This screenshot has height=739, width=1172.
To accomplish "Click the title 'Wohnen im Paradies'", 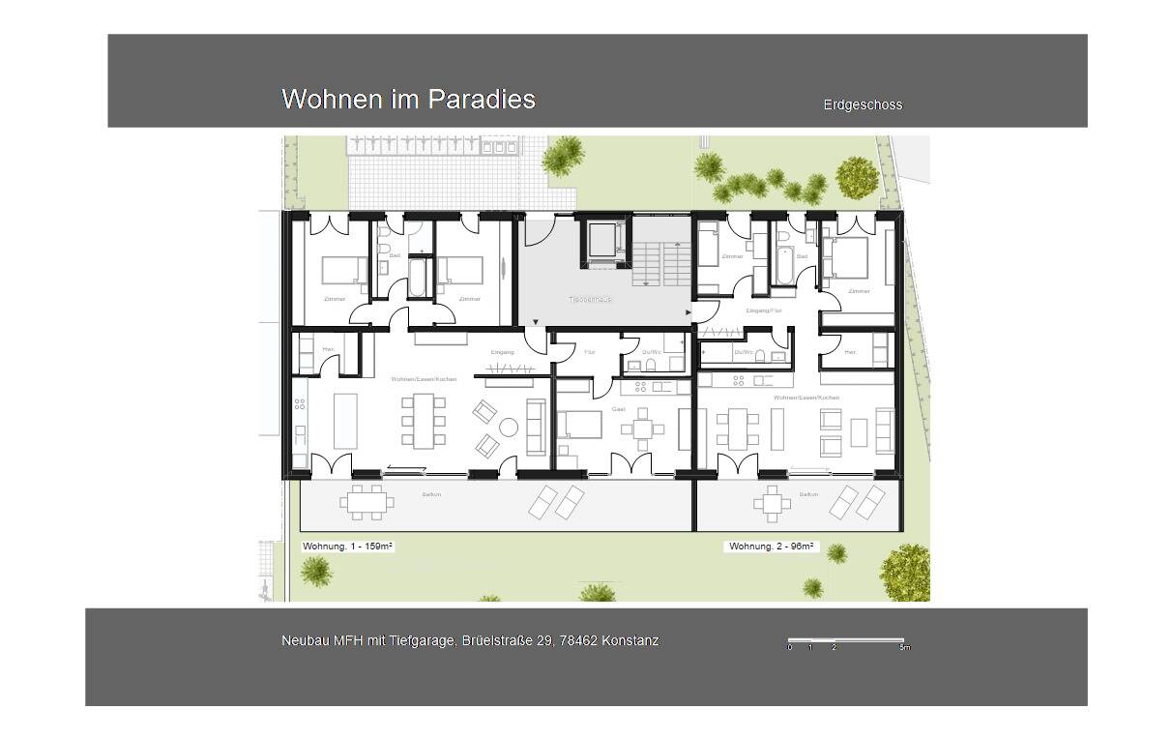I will pos(408,99).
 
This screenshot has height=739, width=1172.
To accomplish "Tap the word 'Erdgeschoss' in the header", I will pos(863,104).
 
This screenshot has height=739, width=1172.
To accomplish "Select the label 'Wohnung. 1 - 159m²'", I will pos(347,547).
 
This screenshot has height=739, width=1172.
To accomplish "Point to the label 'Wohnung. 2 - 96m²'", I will pos(771,547).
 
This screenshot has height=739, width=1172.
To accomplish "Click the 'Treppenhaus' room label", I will pos(590,300).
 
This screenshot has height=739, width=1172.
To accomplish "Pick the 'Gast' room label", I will pos(619,409).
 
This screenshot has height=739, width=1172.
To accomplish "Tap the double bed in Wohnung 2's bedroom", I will pos(847,258).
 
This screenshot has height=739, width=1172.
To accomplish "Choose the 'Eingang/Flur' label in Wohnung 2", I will pos(764,310).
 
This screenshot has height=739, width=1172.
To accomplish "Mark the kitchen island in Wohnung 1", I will pos(345,421).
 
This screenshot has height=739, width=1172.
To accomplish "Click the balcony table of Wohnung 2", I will pos(772,503).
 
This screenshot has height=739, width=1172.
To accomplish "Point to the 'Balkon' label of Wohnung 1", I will pos(431,495).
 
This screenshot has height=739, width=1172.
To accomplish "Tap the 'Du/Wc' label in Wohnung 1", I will pos(651,352).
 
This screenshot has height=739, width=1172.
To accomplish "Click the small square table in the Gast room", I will pos(643,430).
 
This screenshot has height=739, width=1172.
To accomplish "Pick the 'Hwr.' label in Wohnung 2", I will pos(850,352).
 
